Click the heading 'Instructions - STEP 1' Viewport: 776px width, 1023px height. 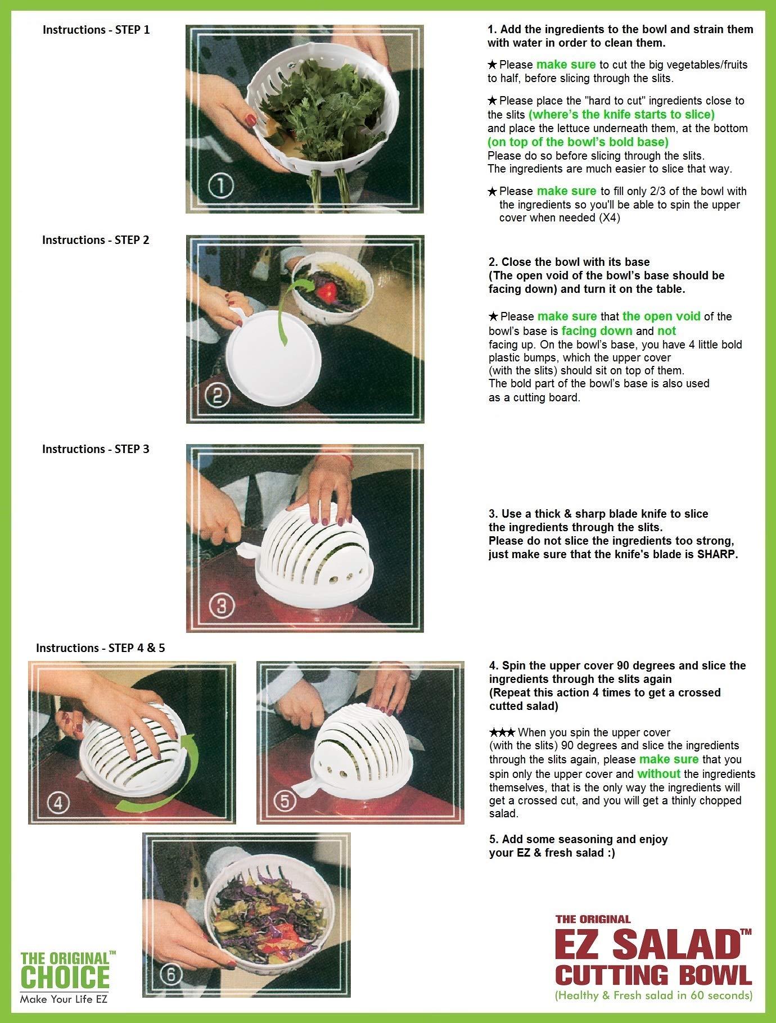click(96, 30)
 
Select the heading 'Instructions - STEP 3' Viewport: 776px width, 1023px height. click(96, 449)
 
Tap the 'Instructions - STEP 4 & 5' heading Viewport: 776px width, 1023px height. click(101, 648)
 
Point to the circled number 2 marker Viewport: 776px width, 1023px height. click(218, 396)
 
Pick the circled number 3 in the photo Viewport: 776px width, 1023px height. click(221, 606)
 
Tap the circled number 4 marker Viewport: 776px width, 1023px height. click(58, 803)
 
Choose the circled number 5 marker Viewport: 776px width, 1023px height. click(285, 801)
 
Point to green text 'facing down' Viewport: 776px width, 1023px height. click(597, 331)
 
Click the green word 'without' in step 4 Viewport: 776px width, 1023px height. click(658, 774)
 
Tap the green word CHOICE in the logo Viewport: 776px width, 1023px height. click(65, 977)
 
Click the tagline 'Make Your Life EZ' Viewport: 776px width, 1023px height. click(64, 999)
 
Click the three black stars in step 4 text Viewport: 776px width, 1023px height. click(502, 732)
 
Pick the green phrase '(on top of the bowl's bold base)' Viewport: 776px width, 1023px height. click(578, 142)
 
